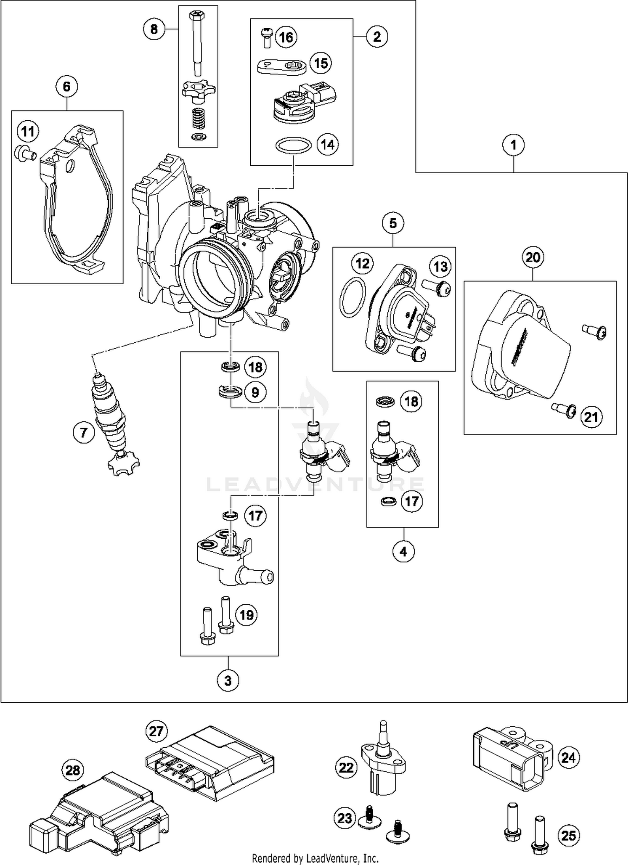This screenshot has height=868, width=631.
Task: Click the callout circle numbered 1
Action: (513, 146)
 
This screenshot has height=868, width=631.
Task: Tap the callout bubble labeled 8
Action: (154, 29)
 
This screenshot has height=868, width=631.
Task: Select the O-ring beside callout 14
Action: (293, 146)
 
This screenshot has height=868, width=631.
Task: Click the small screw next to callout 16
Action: (266, 37)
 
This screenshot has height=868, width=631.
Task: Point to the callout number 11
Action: (28, 132)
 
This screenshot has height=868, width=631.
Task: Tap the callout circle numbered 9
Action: (255, 392)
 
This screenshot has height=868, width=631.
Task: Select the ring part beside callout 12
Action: (352, 297)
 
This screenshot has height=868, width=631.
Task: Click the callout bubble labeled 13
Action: (440, 267)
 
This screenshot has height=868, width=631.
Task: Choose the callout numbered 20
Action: (533, 257)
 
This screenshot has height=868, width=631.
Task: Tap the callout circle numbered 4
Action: (403, 551)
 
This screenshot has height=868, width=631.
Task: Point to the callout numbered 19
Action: (246, 615)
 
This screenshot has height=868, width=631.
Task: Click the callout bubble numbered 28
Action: (73, 770)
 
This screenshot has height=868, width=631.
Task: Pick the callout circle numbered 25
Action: (568, 835)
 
